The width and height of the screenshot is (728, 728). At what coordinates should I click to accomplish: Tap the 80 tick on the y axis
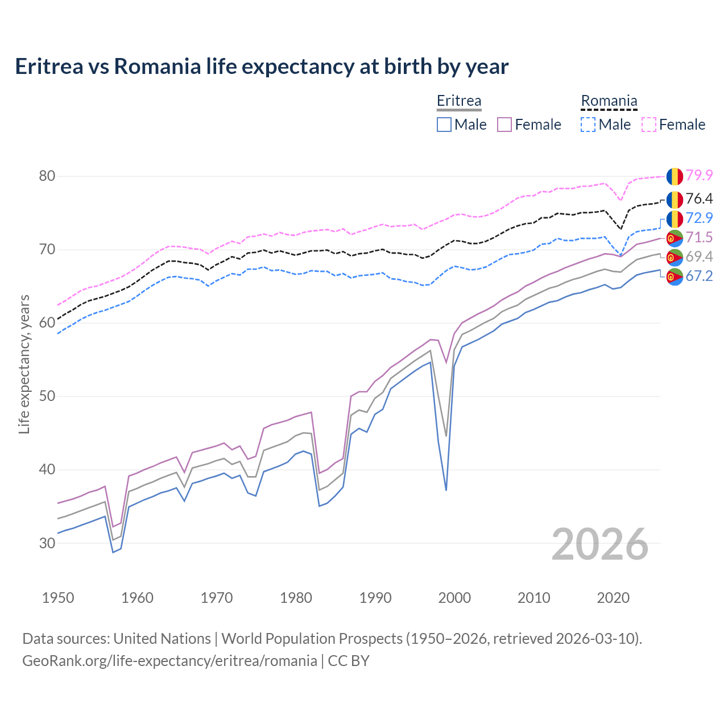click(x=47, y=176)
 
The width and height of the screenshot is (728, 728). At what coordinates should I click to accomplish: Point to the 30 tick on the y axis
click(x=47, y=543)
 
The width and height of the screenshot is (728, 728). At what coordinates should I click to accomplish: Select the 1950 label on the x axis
click(x=58, y=598)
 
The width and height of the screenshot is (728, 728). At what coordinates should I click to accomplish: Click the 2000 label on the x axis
click(x=454, y=598)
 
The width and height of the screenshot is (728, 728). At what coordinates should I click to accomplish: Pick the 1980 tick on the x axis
click(x=296, y=598)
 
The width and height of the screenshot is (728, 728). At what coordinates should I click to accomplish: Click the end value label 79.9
click(x=699, y=176)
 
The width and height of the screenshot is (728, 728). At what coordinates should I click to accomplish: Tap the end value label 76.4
click(x=699, y=199)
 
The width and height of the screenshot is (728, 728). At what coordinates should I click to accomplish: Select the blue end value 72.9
click(x=699, y=218)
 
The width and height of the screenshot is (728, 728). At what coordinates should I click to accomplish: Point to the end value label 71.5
click(x=699, y=238)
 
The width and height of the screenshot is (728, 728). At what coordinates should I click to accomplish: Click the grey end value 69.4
click(x=699, y=257)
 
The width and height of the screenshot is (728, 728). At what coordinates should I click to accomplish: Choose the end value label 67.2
click(x=699, y=276)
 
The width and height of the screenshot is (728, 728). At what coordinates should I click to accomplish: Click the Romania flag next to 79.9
click(x=675, y=176)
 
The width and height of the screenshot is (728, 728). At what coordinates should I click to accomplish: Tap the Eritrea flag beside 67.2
click(x=675, y=277)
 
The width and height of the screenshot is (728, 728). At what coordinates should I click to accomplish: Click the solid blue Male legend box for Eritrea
click(x=444, y=125)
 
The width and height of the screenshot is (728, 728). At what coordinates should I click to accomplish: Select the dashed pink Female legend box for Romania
click(x=649, y=125)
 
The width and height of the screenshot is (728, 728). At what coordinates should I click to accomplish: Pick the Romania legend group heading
click(x=609, y=101)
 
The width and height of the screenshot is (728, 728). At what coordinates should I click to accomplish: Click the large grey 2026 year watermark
click(x=599, y=544)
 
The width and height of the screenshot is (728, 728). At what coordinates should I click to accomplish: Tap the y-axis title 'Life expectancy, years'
click(x=24, y=364)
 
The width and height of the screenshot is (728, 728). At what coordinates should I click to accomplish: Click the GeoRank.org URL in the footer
click(x=169, y=661)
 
